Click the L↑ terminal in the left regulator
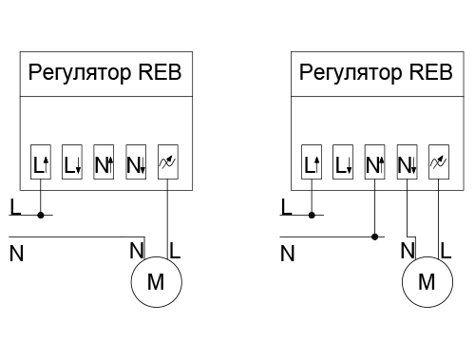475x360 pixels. (x=41, y=162)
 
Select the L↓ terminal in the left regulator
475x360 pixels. (x=72, y=162)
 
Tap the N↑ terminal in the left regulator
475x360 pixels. (x=104, y=162)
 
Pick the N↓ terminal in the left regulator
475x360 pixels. (x=136, y=162)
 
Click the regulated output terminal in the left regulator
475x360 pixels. (x=168, y=162)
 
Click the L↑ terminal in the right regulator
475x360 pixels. (x=312, y=162)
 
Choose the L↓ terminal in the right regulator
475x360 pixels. (x=343, y=162)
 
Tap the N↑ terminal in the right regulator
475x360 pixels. (x=375, y=162)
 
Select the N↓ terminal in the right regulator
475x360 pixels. (x=408, y=162)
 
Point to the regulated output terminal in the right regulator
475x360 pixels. (x=439, y=162)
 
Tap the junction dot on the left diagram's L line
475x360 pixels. (x=41, y=216)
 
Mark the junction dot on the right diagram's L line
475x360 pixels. (x=312, y=216)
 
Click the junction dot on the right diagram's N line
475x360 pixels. (x=375, y=237)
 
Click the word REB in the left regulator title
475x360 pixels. (x=160, y=72)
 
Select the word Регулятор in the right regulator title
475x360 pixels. (x=350, y=73)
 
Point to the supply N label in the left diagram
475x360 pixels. (x=16, y=254)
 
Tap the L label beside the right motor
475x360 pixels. (x=446, y=251)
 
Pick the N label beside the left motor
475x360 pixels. (x=137, y=251)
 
